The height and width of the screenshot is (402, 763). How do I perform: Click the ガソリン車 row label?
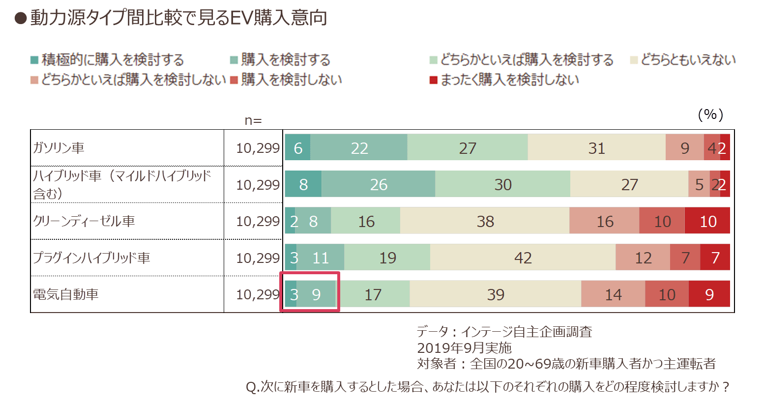(x=59, y=148)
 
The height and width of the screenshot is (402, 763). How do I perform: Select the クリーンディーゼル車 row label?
(x=84, y=221)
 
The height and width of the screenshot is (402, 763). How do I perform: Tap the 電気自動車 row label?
(x=66, y=294)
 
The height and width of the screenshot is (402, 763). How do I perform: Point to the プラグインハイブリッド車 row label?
(x=91, y=258)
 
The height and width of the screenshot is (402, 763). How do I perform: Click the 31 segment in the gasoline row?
(x=596, y=147)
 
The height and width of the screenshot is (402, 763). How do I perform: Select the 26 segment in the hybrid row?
(x=378, y=184)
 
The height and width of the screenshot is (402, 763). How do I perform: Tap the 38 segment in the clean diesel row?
(x=485, y=220)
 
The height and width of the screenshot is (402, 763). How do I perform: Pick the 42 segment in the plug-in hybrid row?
(x=523, y=257)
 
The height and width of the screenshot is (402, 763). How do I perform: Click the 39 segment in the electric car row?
(x=495, y=294)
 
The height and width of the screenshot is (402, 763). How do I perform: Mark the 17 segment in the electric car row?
(x=374, y=294)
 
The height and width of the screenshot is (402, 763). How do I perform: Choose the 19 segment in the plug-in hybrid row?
(x=387, y=257)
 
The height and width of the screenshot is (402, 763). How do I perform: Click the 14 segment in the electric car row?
(x=613, y=294)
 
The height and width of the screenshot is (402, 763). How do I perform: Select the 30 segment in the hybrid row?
(x=502, y=184)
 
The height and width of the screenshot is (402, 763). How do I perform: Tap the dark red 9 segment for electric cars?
(x=709, y=294)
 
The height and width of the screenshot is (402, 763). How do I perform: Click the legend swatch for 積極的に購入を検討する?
(x=34, y=60)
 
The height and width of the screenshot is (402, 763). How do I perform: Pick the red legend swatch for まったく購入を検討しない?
(x=433, y=80)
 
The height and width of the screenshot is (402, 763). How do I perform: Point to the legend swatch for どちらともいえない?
(x=634, y=60)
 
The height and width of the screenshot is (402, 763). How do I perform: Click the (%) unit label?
(x=710, y=115)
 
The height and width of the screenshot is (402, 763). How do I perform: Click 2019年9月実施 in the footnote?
(x=464, y=348)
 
